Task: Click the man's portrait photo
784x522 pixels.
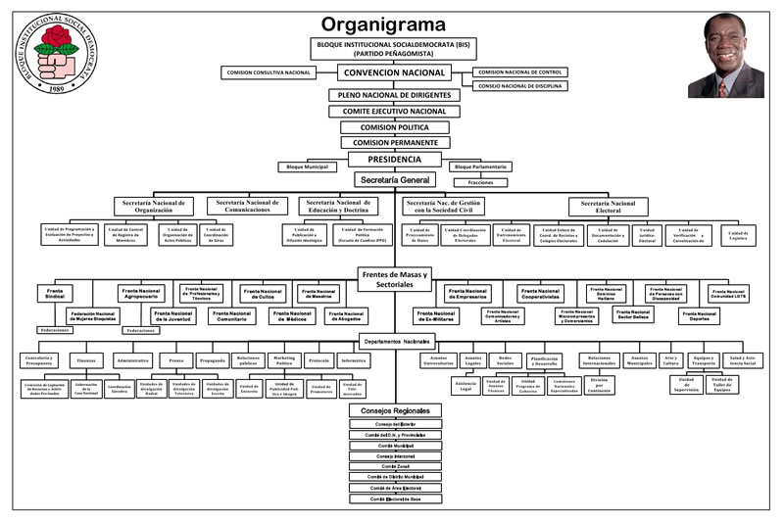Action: (x=733, y=56)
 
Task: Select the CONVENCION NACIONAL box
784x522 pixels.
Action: (x=395, y=72)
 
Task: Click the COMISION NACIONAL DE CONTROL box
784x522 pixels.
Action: (x=522, y=72)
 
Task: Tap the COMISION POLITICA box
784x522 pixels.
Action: (x=395, y=126)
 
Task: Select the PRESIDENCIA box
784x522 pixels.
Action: (x=395, y=159)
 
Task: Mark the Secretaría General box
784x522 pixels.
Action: (x=395, y=181)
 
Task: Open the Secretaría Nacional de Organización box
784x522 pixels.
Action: (x=154, y=206)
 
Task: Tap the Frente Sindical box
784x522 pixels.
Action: (x=53, y=294)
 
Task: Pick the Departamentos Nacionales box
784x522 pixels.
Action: (x=395, y=341)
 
